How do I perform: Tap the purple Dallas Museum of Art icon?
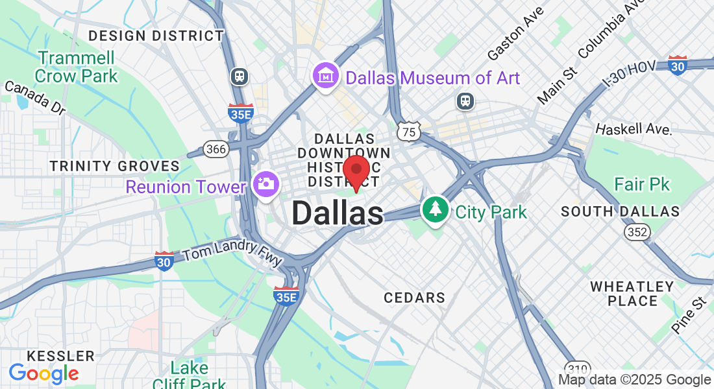pyautogui.click(x=326, y=77)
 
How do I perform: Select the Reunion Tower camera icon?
pyautogui.click(x=265, y=184)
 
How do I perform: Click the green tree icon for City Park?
pyautogui.click(x=436, y=210)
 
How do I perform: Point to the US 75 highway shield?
pyautogui.click(x=409, y=132)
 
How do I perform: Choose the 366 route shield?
pyautogui.click(x=215, y=149)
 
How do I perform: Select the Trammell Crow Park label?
pyautogui.click(x=77, y=67)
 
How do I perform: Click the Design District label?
pyautogui.click(x=156, y=36)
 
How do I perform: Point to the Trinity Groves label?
pyautogui.click(x=115, y=166)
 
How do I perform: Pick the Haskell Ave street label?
pyautogui.click(x=633, y=128)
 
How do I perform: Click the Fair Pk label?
pyautogui.click(x=641, y=185)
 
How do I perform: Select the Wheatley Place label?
pyautogui.click(x=632, y=293)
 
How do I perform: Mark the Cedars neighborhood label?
pyautogui.click(x=414, y=298)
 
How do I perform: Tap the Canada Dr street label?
pyautogui.click(x=36, y=97)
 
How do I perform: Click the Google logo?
pyautogui.click(x=44, y=373)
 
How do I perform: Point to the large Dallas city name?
pyautogui.click(x=338, y=213)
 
